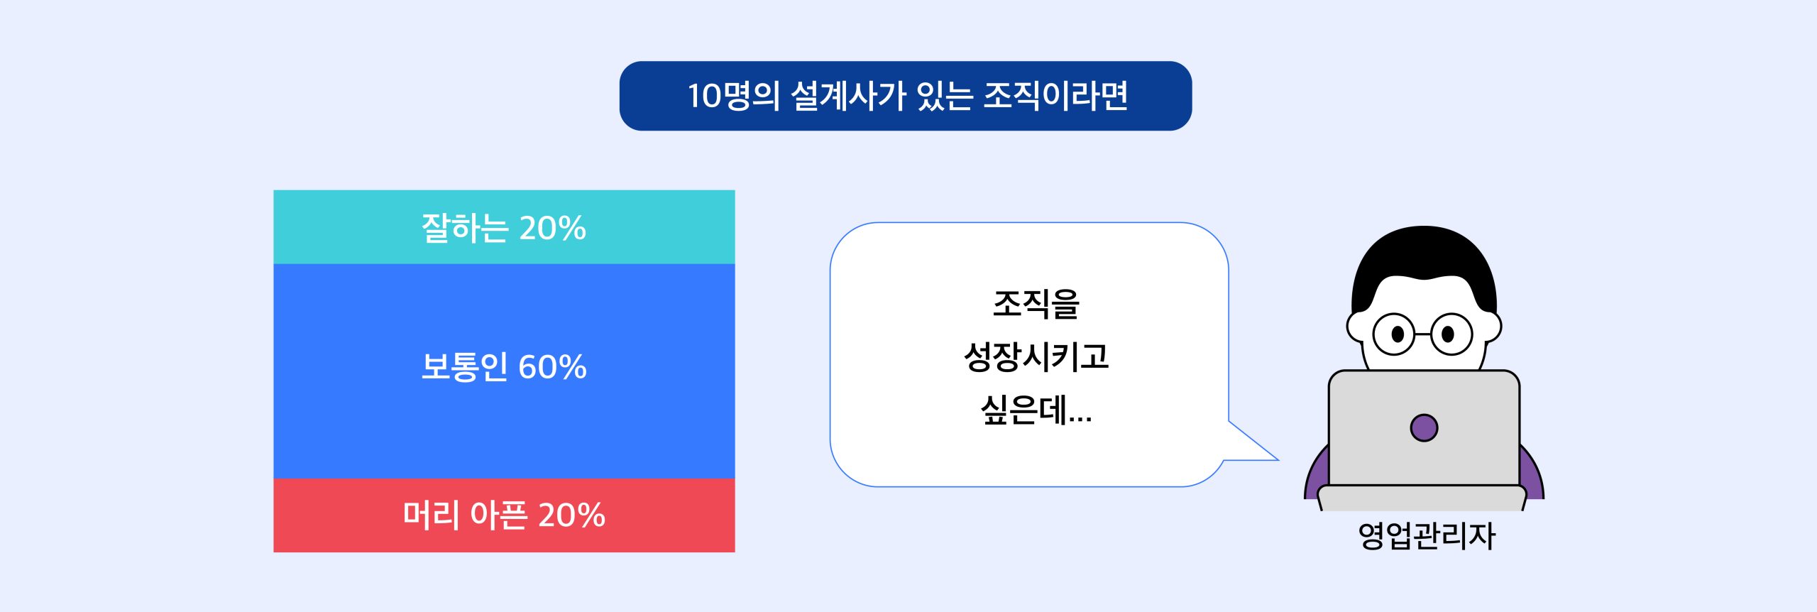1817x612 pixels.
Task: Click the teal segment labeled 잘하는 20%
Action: pos(504,227)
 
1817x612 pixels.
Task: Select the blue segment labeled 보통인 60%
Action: pos(504,371)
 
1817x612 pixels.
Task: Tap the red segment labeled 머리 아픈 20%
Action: pos(504,515)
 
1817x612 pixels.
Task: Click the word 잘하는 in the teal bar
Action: pos(466,228)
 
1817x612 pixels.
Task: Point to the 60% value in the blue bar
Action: pos(552,367)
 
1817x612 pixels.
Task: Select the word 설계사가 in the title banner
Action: pos(848,96)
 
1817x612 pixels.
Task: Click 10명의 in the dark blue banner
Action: pos(734,96)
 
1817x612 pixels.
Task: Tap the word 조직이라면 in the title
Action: pos(1055,96)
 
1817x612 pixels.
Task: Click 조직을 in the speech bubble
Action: pos(1036,304)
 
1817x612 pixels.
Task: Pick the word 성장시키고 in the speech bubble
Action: pos(1036,356)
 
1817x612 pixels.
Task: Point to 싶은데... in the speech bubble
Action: pos(1036,410)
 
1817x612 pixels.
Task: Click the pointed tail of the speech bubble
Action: pos(1277,459)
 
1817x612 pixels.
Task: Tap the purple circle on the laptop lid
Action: pos(1424,427)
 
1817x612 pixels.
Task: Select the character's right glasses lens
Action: pos(1451,334)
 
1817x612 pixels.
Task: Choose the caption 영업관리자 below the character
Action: pos(1427,535)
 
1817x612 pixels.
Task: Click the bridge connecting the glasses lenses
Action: pos(1423,333)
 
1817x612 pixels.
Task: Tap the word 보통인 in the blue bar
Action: pos(465,367)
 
